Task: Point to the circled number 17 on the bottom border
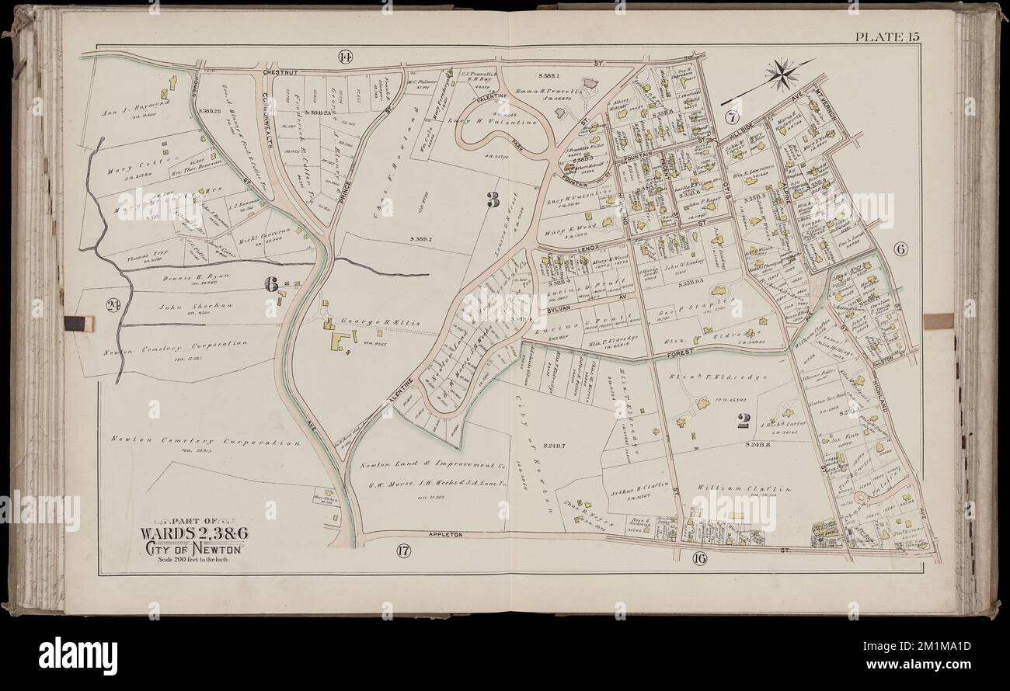pyautogui.click(x=402, y=551)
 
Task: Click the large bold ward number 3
pyautogui.click(x=492, y=200)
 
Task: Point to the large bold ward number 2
pyautogui.click(x=743, y=421)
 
